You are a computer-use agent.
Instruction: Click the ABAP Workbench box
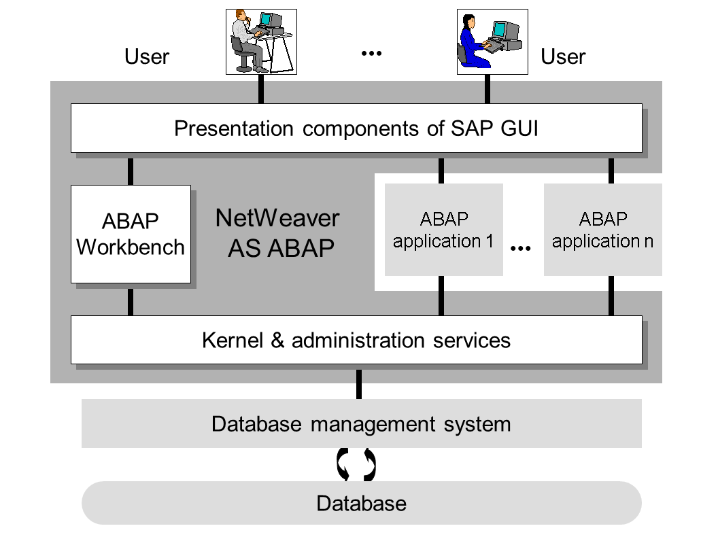(x=131, y=234)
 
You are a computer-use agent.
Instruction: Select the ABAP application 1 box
(x=443, y=230)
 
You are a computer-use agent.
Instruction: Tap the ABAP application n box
(x=602, y=230)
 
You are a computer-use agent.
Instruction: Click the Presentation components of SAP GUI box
(x=356, y=128)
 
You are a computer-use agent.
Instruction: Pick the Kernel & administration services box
(x=356, y=340)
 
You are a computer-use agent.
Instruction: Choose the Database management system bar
(x=361, y=423)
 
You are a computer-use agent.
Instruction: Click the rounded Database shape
(x=361, y=503)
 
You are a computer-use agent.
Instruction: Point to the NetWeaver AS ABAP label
(x=277, y=232)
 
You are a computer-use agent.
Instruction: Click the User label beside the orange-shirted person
(x=146, y=56)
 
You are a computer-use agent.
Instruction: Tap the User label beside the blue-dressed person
(x=563, y=56)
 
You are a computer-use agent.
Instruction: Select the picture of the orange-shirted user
(x=261, y=41)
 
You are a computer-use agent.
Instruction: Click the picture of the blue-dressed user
(x=492, y=41)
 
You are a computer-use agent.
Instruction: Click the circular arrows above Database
(x=356, y=465)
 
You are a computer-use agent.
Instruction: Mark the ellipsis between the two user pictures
(x=371, y=53)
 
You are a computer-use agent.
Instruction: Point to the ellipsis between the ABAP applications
(x=520, y=249)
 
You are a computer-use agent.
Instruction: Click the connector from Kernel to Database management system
(x=359, y=385)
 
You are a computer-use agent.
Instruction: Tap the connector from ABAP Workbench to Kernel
(x=131, y=302)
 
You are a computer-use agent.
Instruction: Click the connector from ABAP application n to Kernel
(x=611, y=296)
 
